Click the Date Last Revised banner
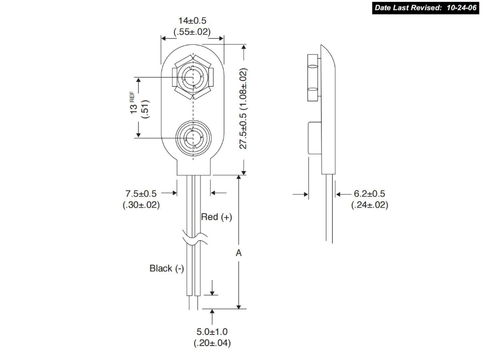pyautogui.click(x=426, y=8)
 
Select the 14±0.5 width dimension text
pyautogui.click(x=192, y=21)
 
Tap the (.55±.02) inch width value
pyautogui.click(x=192, y=32)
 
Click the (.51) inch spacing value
pyautogui.click(x=145, y=109)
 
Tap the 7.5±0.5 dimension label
pyautogui.click(x=141, y=194)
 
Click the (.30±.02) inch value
pyautogui.click(x=141, y=205)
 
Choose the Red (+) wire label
pyautogui.click(x=216, y=217)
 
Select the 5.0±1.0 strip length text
pyautogui.click(x=212, y=332)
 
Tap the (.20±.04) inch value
pyautogui.click(x=212, y=343)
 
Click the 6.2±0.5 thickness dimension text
pyautogui.click(x=369, y=194)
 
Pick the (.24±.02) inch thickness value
pyautogui.click(x=369, y=205)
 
